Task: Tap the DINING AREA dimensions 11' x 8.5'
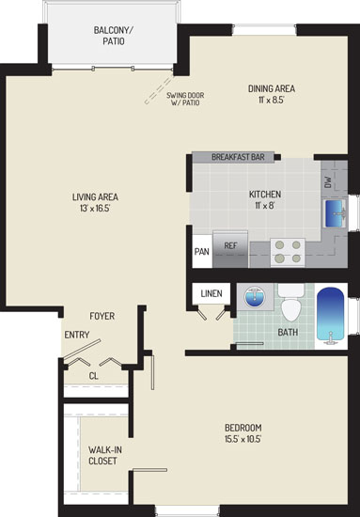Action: click(x=272, y=100)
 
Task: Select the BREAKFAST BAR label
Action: click(x=238, y=157)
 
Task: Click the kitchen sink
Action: click(x=335, y=213)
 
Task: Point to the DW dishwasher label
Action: click(x=328, y=182)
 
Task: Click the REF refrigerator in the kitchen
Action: click(x=230, y=249)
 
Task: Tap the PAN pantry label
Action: click(x=202, y=252)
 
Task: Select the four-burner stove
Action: click(x=288, y=252)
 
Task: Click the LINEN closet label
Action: click(x=211, y=293)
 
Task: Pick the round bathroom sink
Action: click(x=255, y=297)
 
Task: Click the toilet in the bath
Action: click(x=291, y=303)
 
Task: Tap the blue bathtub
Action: click(x=330, y=316)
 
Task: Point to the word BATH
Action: click(x=288, y=332)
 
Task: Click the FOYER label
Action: click(x=102, y=316)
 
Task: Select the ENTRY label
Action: click(x=77, y=335)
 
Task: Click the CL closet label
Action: click(x=94, y=376)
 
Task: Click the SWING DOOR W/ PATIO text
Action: click(x=185, y=99)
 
